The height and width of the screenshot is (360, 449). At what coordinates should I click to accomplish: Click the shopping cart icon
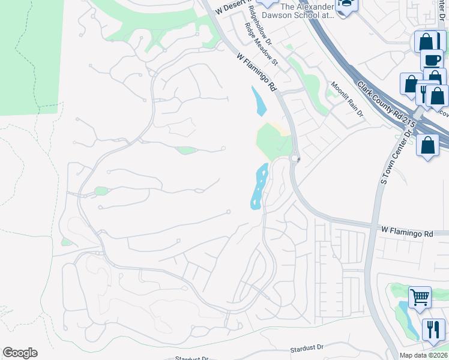point(420,297)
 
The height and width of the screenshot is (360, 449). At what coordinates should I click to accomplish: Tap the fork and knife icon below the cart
point(433,329)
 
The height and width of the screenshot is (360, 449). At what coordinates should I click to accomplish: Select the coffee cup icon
point(431,59)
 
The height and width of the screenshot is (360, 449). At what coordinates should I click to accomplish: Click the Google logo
point(20,353)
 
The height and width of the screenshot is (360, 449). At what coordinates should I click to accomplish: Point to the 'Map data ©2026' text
point(424,355)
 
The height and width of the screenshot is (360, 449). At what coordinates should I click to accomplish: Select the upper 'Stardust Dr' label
point(306,347)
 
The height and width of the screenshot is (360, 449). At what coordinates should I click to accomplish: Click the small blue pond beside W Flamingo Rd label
point(259,101)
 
